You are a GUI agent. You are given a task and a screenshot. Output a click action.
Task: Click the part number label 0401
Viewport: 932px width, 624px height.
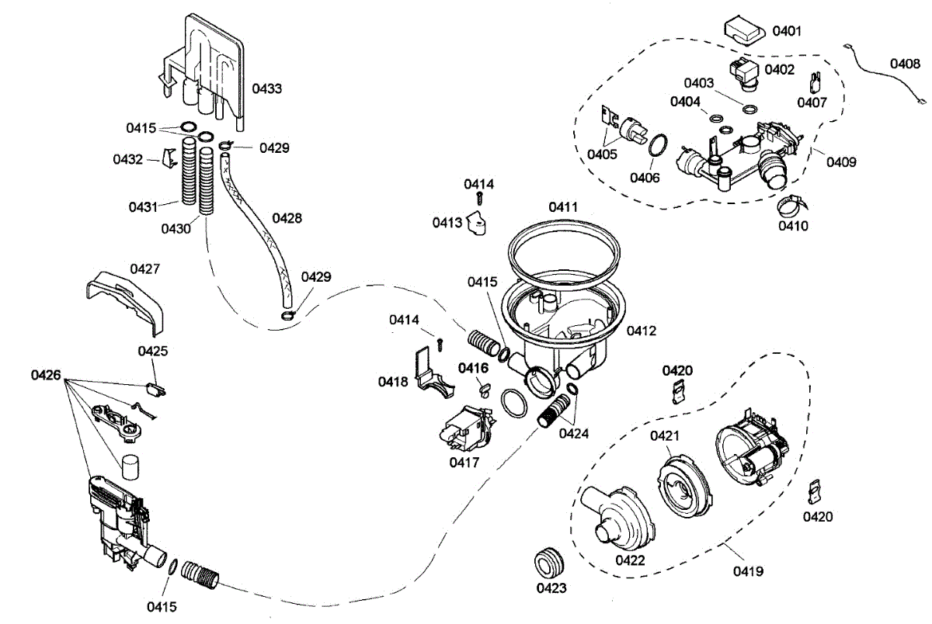point(786,31)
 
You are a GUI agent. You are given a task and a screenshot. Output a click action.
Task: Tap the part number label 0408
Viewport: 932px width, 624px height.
point(905,64)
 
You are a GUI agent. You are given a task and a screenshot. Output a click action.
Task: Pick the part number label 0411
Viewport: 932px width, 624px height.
point(564,207)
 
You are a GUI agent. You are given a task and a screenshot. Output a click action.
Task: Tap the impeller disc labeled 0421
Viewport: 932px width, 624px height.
point(683,487)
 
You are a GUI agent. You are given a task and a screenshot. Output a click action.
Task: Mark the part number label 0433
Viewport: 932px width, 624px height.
point(267,88)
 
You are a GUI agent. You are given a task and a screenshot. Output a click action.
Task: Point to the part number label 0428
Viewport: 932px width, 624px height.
point(287,218)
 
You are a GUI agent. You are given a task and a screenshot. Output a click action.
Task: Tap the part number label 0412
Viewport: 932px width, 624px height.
point(642,331)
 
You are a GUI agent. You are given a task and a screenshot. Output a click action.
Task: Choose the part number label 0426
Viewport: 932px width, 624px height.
point(46,376)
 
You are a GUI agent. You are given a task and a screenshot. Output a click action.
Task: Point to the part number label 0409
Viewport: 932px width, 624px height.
point(841,162)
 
